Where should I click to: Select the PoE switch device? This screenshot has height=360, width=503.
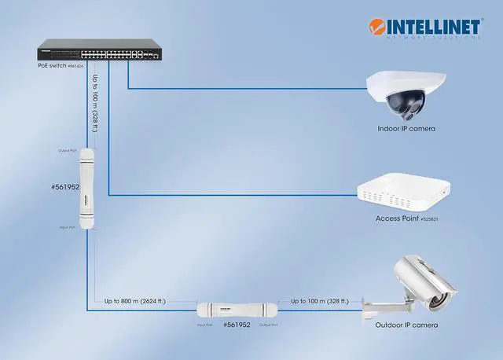click(99, 53)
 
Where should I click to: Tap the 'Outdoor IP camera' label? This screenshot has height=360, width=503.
click(406, 325)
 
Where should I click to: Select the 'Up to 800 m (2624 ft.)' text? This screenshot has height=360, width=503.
click(138, 300)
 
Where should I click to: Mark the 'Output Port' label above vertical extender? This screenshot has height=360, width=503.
click(68, 150)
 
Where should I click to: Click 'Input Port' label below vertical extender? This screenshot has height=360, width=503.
click(68, 227)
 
